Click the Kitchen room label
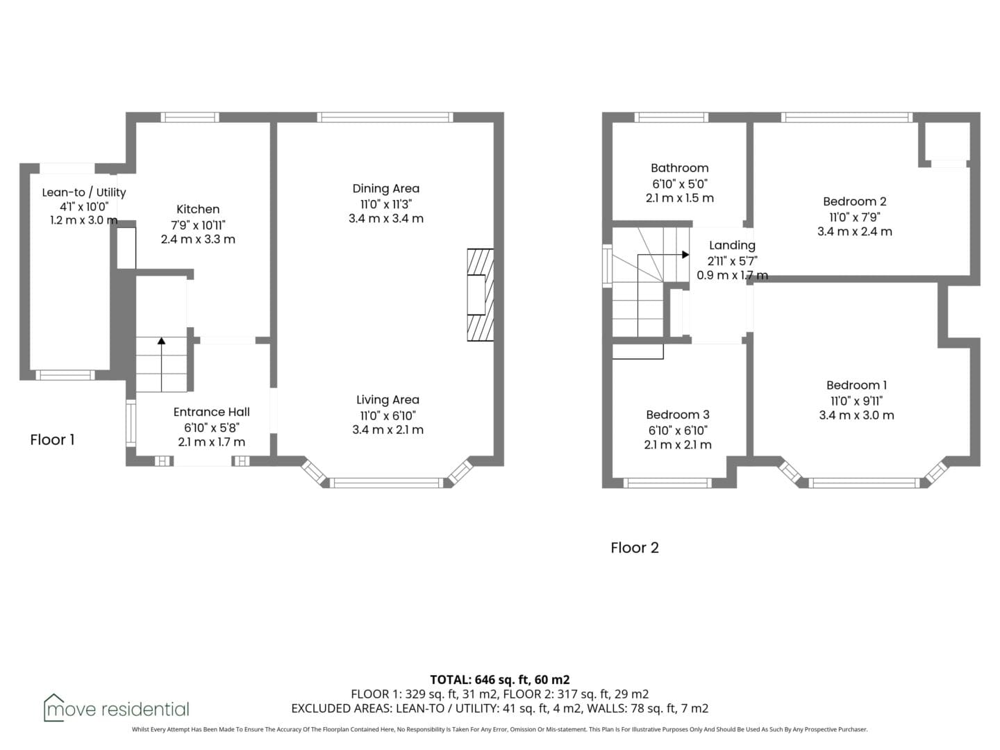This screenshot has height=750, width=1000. coord(198,209)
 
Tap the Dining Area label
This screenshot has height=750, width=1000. coord(386,188)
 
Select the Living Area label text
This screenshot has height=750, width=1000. coord(387,400)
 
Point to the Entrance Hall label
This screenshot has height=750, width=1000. coord(211,412)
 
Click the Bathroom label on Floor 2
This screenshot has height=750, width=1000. coord(679,168)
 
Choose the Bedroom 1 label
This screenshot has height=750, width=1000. coord(856,385)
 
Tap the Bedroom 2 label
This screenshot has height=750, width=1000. coord(855,201)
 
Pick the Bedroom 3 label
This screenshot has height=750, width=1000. coord(678,415)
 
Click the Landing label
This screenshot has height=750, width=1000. coord(732,245)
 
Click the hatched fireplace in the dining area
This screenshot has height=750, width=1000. coord(480,294)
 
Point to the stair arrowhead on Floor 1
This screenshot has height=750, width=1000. coord(161,340)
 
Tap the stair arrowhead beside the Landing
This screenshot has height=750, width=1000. coord(685,255)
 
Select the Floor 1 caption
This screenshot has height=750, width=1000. coord(52,440)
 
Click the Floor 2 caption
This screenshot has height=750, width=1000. coord(635,548)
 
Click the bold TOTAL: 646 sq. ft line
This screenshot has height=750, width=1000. coord(500,680)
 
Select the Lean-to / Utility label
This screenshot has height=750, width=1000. coord(84,192)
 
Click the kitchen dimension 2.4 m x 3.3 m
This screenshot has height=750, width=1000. coord(198,239)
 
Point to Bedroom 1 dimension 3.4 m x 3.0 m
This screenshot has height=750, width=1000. coord(856,415)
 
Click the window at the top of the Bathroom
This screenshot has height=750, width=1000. coord(672,117)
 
